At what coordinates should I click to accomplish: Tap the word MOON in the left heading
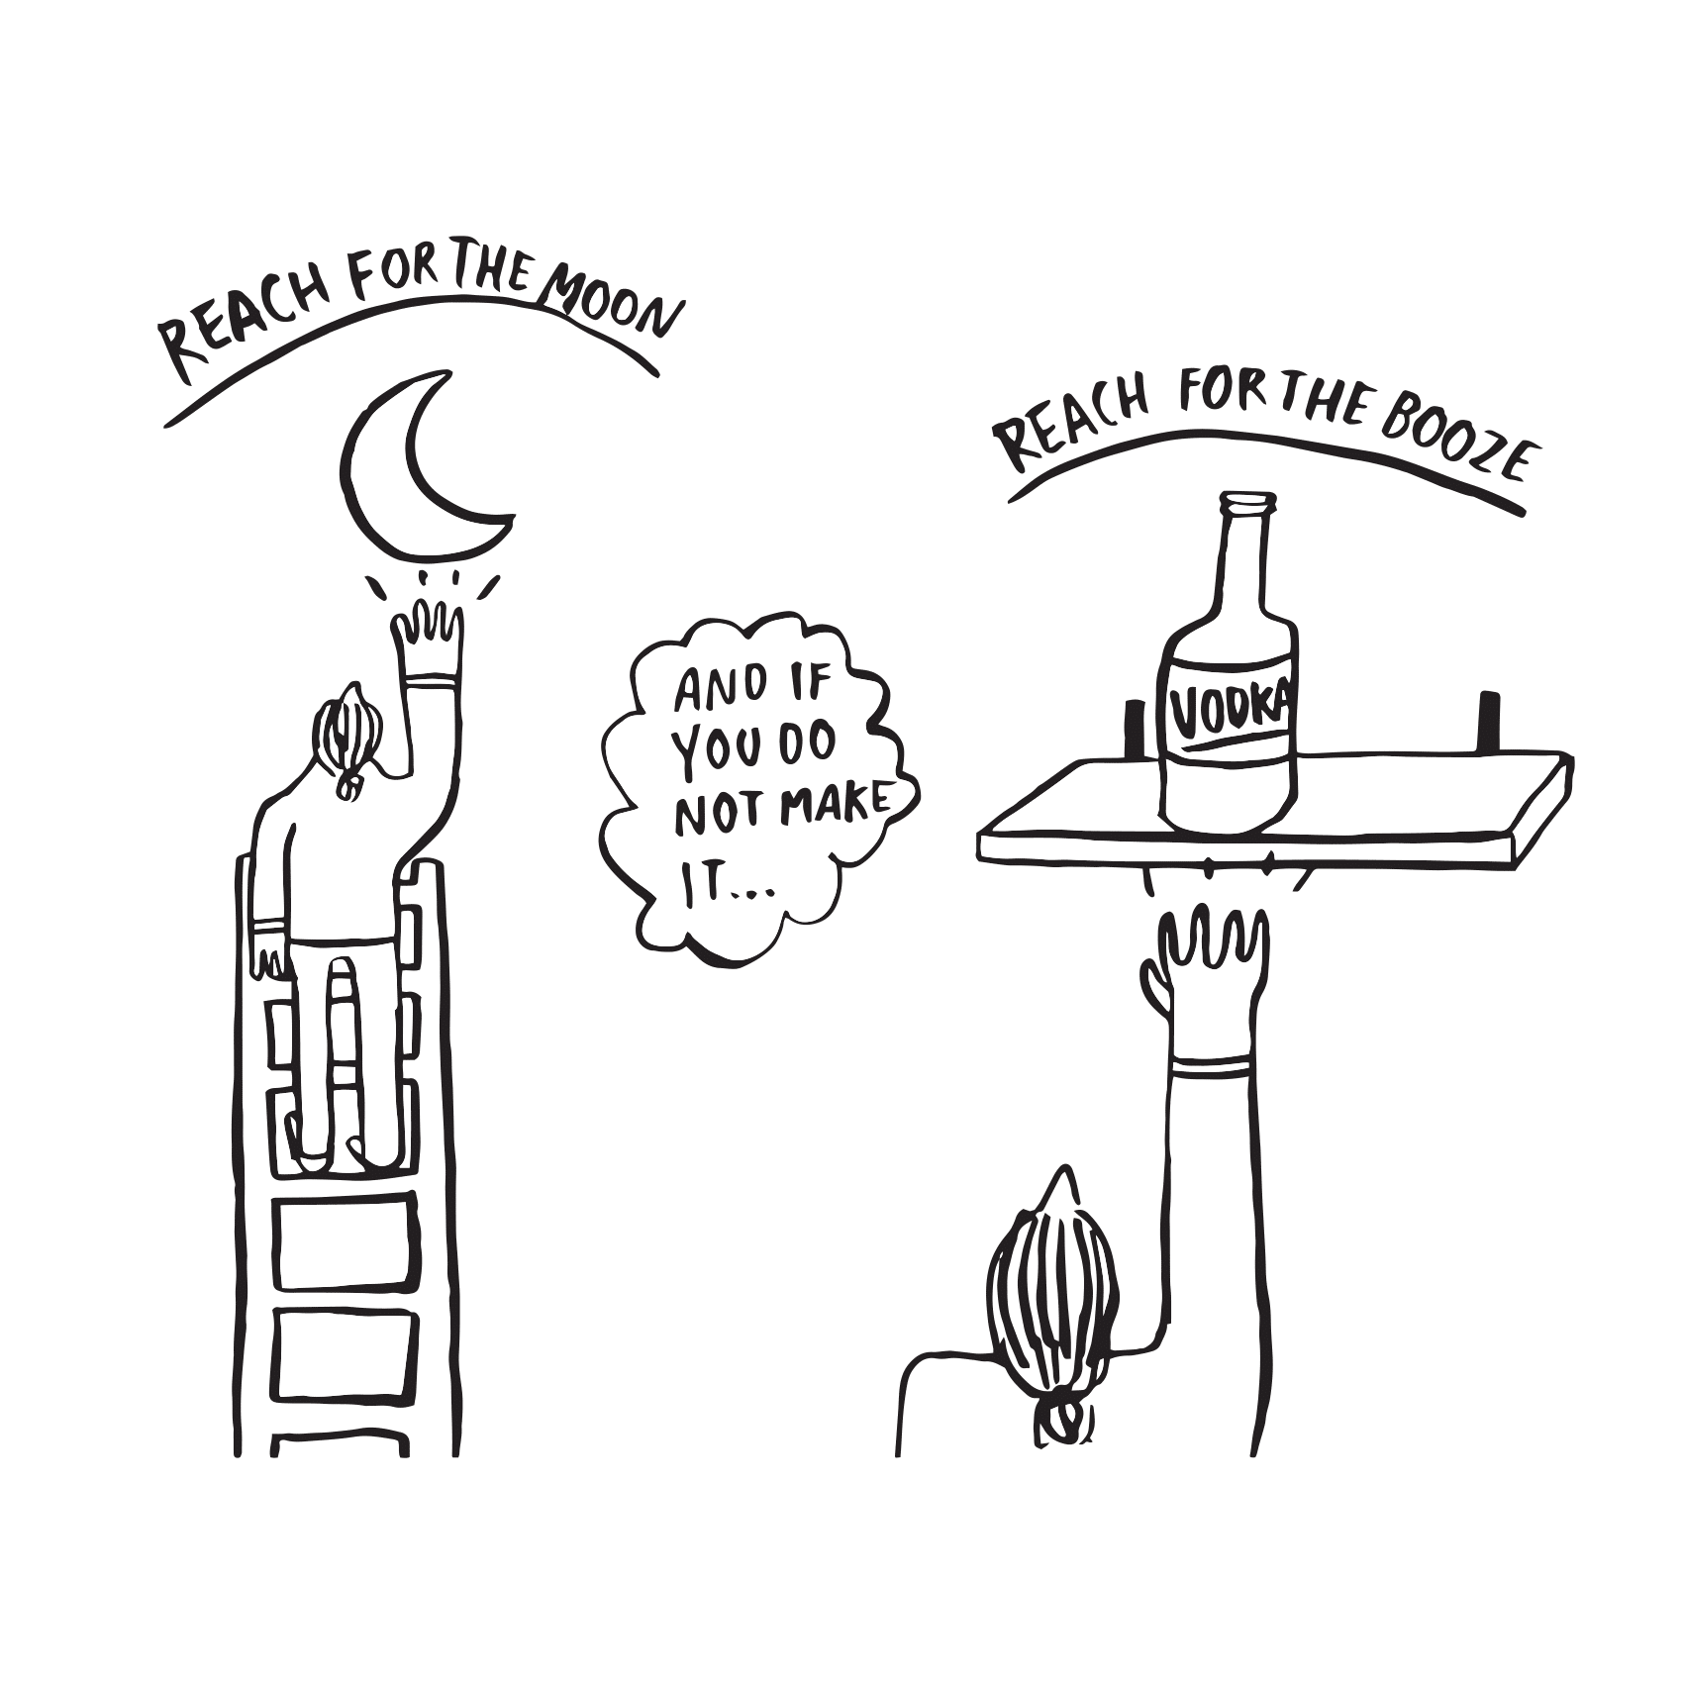(614, 305)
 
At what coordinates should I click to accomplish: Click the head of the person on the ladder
(346, 738)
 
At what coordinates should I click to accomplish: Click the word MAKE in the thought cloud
(835, 804)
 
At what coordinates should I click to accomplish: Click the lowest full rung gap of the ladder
(343, 1352)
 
